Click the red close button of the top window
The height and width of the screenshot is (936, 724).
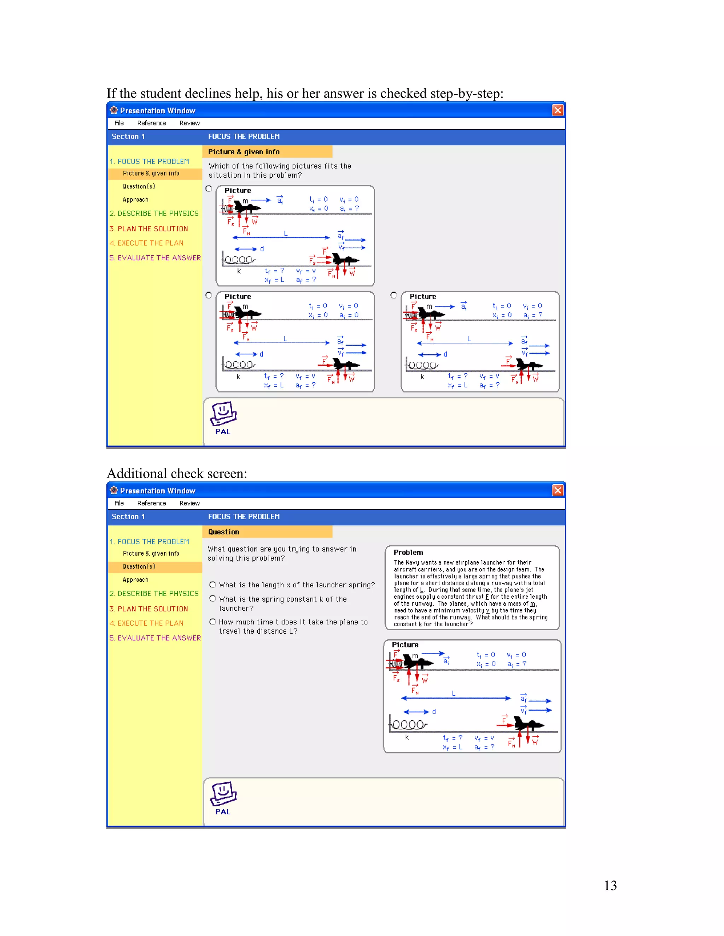click(557, 110)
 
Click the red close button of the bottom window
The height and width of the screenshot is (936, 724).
click(557, 490)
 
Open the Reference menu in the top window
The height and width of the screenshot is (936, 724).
click(151, 123)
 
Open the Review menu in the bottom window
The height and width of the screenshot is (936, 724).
click(189, 503)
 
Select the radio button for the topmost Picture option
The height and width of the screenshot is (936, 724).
click(209, 189)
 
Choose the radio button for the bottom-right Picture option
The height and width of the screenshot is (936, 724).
click(394, 295)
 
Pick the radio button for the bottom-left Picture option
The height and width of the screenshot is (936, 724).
click(209, 295)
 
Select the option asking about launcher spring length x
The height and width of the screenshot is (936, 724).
click(213, 585)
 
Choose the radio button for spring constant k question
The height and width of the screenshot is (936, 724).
click(213, 599)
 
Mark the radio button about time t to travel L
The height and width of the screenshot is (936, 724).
click(213, 621)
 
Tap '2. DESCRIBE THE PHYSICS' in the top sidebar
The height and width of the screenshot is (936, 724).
click(154, 213)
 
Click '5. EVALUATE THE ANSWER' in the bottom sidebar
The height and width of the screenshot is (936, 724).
click(155, 638)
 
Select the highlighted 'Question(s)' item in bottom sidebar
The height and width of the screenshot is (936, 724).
click(139, 567)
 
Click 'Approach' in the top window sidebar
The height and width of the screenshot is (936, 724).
click(135, 200)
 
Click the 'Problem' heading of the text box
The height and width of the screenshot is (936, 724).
click(408, 552)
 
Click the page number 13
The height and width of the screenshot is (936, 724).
click(610, 885)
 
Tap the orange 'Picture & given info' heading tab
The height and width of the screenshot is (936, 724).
click(244, 152)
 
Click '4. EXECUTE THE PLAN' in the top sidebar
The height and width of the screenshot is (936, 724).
click(146, 243)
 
